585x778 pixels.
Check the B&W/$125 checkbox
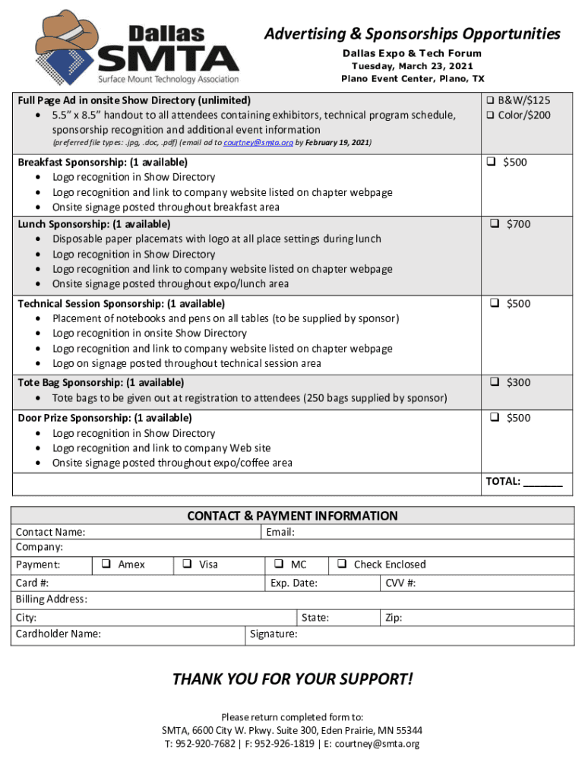(x=491, y=100)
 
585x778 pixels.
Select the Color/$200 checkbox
(x=491, y=115)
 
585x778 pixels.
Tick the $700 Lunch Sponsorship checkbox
(x=494, y=224)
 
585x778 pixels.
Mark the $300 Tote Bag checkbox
(x=494, y=383)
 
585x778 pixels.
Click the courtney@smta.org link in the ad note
(x=258, y=143)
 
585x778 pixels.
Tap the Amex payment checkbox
(x=106, y=565)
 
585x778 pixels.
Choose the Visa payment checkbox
(x=187, y=565)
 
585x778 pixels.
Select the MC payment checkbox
(x=279, y=565)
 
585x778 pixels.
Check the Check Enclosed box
(x=342, y=565)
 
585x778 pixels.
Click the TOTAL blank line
(x=543, y=482)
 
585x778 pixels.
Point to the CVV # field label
(x=400, y=583)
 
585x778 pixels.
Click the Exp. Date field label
(x=294, y=583)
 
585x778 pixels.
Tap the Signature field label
(x=274, y=634)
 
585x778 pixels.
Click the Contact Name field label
(x=51, y=533)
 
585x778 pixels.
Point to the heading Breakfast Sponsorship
(x=103, y=163)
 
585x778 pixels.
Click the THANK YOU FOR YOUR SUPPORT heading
(x=292, y=679)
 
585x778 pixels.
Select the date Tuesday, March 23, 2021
(x=412, y=66)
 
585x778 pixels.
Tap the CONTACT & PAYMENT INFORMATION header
(x=292, y=517)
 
